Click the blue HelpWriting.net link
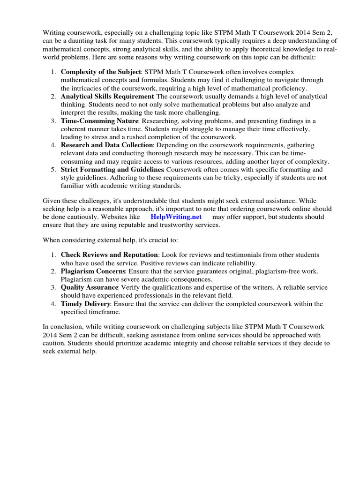pyautogui.click(x=176, y=217)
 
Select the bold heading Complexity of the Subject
pyautogui.click(x=100, y=72)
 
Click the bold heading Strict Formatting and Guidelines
pyautogui.click(x=112, y=169)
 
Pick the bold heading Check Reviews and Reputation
pyautogui.click(x=109, y=255)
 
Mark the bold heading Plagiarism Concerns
pyautogui.click(x=93, y=271)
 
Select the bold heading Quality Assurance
pyautogui.click(x=89, y=287)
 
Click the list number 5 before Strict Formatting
pyautogui.click(x=53, y=169)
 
